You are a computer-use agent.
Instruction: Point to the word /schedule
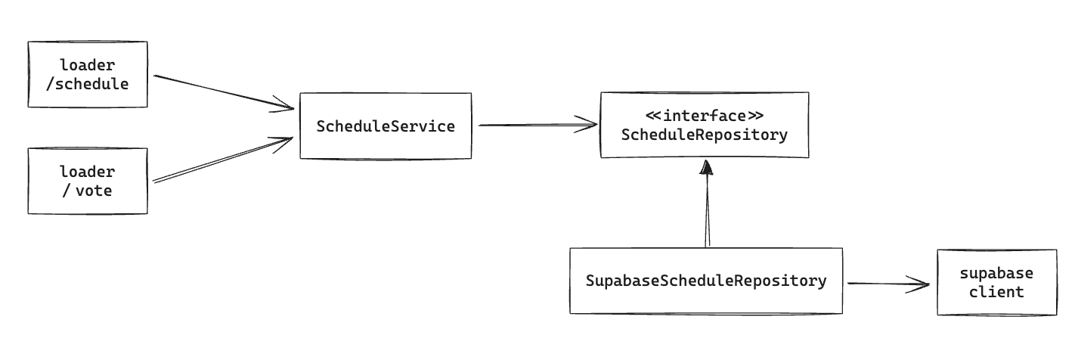point(88,85)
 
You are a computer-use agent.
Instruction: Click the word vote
point(94,191)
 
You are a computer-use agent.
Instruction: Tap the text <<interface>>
point(705,116)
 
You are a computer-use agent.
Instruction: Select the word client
point(997,292)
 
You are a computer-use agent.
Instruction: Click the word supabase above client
point(997,274)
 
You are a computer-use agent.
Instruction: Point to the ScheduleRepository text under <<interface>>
point(705,135)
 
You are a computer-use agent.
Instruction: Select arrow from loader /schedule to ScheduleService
point(224,92)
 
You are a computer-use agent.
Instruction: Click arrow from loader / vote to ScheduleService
point(223,160)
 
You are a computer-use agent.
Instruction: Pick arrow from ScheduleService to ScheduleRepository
point(538,126)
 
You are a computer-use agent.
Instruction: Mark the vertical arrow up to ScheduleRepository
point(707,203)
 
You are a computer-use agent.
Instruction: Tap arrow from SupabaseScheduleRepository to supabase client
point(889,284)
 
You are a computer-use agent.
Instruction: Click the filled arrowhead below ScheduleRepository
point(706,167)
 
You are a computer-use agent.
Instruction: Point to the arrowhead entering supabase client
point(918,284)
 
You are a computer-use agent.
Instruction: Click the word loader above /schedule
point(88,65)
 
